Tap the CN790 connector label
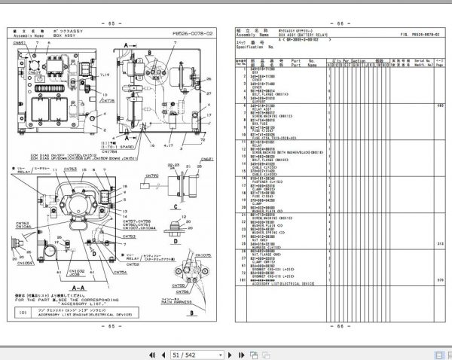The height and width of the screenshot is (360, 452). pos(152,175)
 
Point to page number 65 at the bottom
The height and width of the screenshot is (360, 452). pos(112,325)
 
